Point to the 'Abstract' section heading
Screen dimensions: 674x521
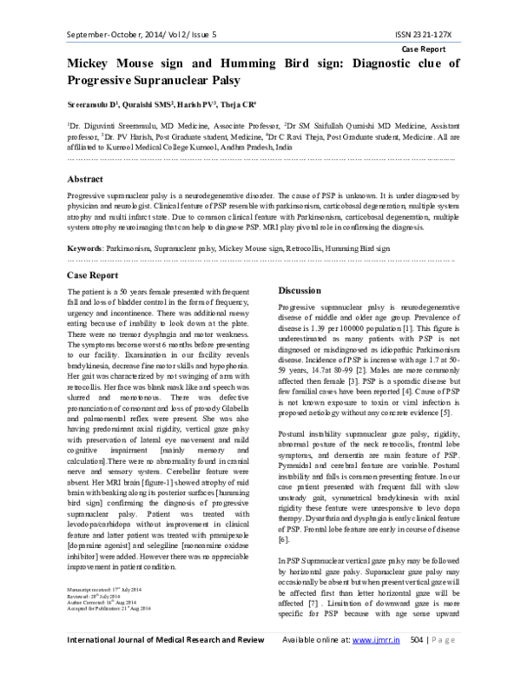pos(90,177)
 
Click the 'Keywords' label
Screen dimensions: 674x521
pos(85,248)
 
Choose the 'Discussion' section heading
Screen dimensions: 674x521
pos(304,290)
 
